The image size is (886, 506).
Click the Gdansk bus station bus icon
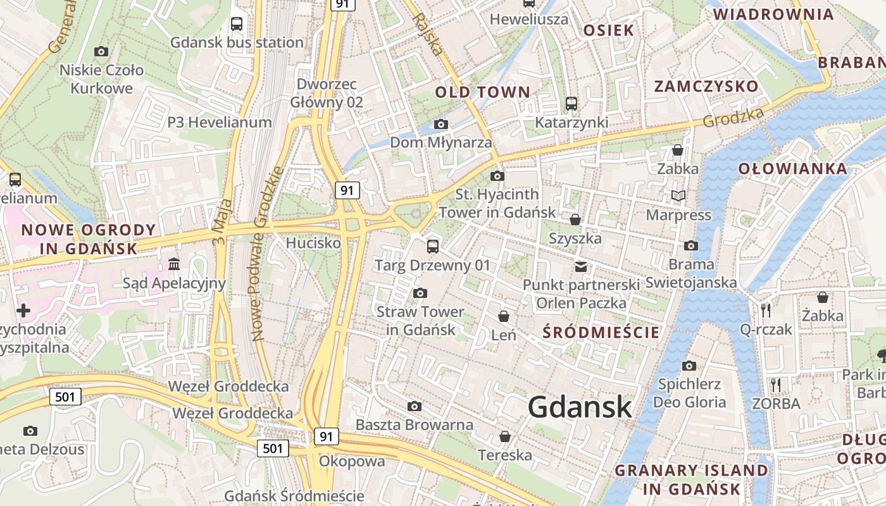pos(237,24)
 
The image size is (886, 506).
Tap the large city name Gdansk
pos(580,407)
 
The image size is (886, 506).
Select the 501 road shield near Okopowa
pos(273,448)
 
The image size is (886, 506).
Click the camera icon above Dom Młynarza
pos(441,124)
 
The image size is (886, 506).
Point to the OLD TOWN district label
pos(482,92)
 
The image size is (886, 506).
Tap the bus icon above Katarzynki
pos(571,103)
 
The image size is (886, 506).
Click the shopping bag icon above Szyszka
pos(575,219)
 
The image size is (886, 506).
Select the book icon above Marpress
pos(678,196)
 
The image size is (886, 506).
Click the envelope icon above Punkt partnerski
pos(581,266)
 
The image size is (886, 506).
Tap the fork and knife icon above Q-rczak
pos(766,310)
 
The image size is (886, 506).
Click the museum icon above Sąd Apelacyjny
pos(174,263)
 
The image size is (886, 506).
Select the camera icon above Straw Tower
pos(420,293)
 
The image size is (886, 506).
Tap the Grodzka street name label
pos(733,116)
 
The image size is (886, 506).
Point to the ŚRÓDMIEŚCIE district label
pos(601,333)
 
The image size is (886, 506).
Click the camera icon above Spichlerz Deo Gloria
pos(689,366)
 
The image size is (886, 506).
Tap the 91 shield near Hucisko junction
pos(346,190)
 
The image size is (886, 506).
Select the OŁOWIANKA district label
pos(792,169)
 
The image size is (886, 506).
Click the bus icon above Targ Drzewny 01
pos(433,246)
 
